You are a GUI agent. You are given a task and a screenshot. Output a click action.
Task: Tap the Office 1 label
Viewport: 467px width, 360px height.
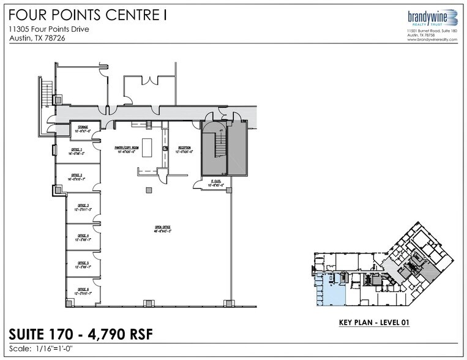click(x=77, y=151)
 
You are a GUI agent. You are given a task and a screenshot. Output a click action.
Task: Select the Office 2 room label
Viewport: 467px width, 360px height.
click(x=77, y=176)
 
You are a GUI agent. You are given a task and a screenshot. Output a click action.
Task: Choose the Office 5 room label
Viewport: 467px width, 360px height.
click(x=79, y=264)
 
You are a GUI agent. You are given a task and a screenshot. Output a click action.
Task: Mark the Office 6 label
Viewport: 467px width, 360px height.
click(x=79, y=290)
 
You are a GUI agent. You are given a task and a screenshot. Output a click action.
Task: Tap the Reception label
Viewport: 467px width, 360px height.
click(x=185, y=149)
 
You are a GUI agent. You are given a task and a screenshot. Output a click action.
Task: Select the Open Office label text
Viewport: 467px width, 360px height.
click(x=162, y=228)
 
